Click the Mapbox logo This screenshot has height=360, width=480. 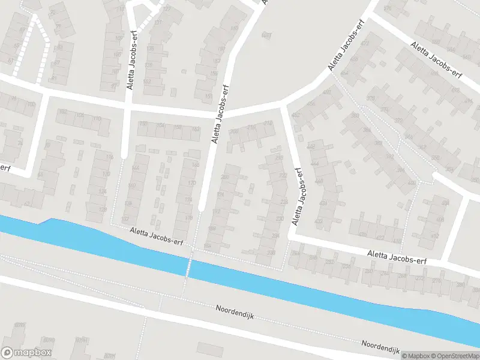click(27, 353)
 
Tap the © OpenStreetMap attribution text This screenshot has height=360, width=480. click(454, 356)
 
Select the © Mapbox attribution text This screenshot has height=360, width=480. click(415, 356)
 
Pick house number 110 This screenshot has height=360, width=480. click(97, 118)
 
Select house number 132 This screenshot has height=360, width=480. click(143, 124)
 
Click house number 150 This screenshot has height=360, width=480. click(178, 128)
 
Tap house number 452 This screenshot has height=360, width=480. click(295, 115)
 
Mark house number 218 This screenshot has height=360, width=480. click(279, 157)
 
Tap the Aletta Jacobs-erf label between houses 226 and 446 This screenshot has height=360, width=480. click(296, 196)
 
